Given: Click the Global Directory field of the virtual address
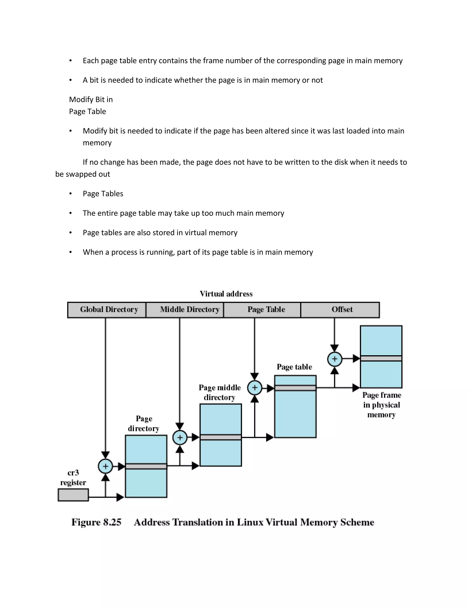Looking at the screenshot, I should tap(107, 310).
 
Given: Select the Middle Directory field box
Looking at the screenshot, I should tap(185, 310).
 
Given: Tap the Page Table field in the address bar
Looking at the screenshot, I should tap(262, 310).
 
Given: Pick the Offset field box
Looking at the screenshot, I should tap(340, 310).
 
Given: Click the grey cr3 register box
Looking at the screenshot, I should tap(73, 495).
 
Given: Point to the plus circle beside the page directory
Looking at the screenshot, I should tap(105, 466).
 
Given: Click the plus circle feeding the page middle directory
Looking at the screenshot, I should tap(180, 437).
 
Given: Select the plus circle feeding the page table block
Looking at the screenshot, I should tap(254, 388).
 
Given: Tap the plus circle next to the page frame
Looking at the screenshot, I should tap(335, 359).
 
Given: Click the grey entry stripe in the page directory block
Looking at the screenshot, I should tap(146, 466).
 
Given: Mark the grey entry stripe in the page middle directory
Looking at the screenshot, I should tap(221, 437).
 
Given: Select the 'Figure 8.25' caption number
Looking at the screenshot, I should tap(96, 522).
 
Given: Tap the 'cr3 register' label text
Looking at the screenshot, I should tap(73, 478).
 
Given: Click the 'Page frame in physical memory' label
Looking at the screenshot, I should tap(382, 405).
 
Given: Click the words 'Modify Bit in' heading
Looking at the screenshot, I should tap(91, 99).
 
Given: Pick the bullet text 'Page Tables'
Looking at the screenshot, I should tap(103, 194).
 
